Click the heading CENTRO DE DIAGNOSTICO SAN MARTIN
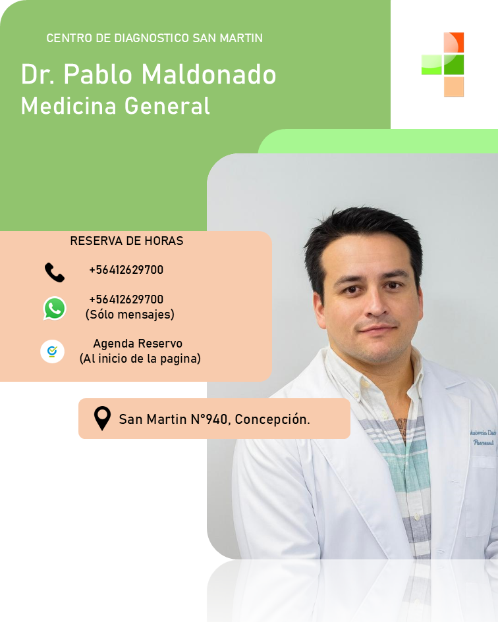(154, 38)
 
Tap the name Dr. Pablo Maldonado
(148, 75)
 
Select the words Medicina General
(115, 105)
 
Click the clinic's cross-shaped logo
(443, 65)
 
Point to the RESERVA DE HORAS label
(126, 241)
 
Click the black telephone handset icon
(55, 272)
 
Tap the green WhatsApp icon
(55, 308)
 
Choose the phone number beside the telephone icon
(126, 270)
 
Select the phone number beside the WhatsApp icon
(126, 299)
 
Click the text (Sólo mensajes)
(130, 315)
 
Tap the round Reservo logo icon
(52, 351)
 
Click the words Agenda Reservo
(138, 344)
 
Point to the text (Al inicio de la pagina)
(140, 359)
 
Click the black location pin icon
(102, 418)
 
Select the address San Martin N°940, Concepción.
(214, 419)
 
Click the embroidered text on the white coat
(483, 437)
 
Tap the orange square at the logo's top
(454, 42)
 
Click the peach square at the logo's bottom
(454, 87)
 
